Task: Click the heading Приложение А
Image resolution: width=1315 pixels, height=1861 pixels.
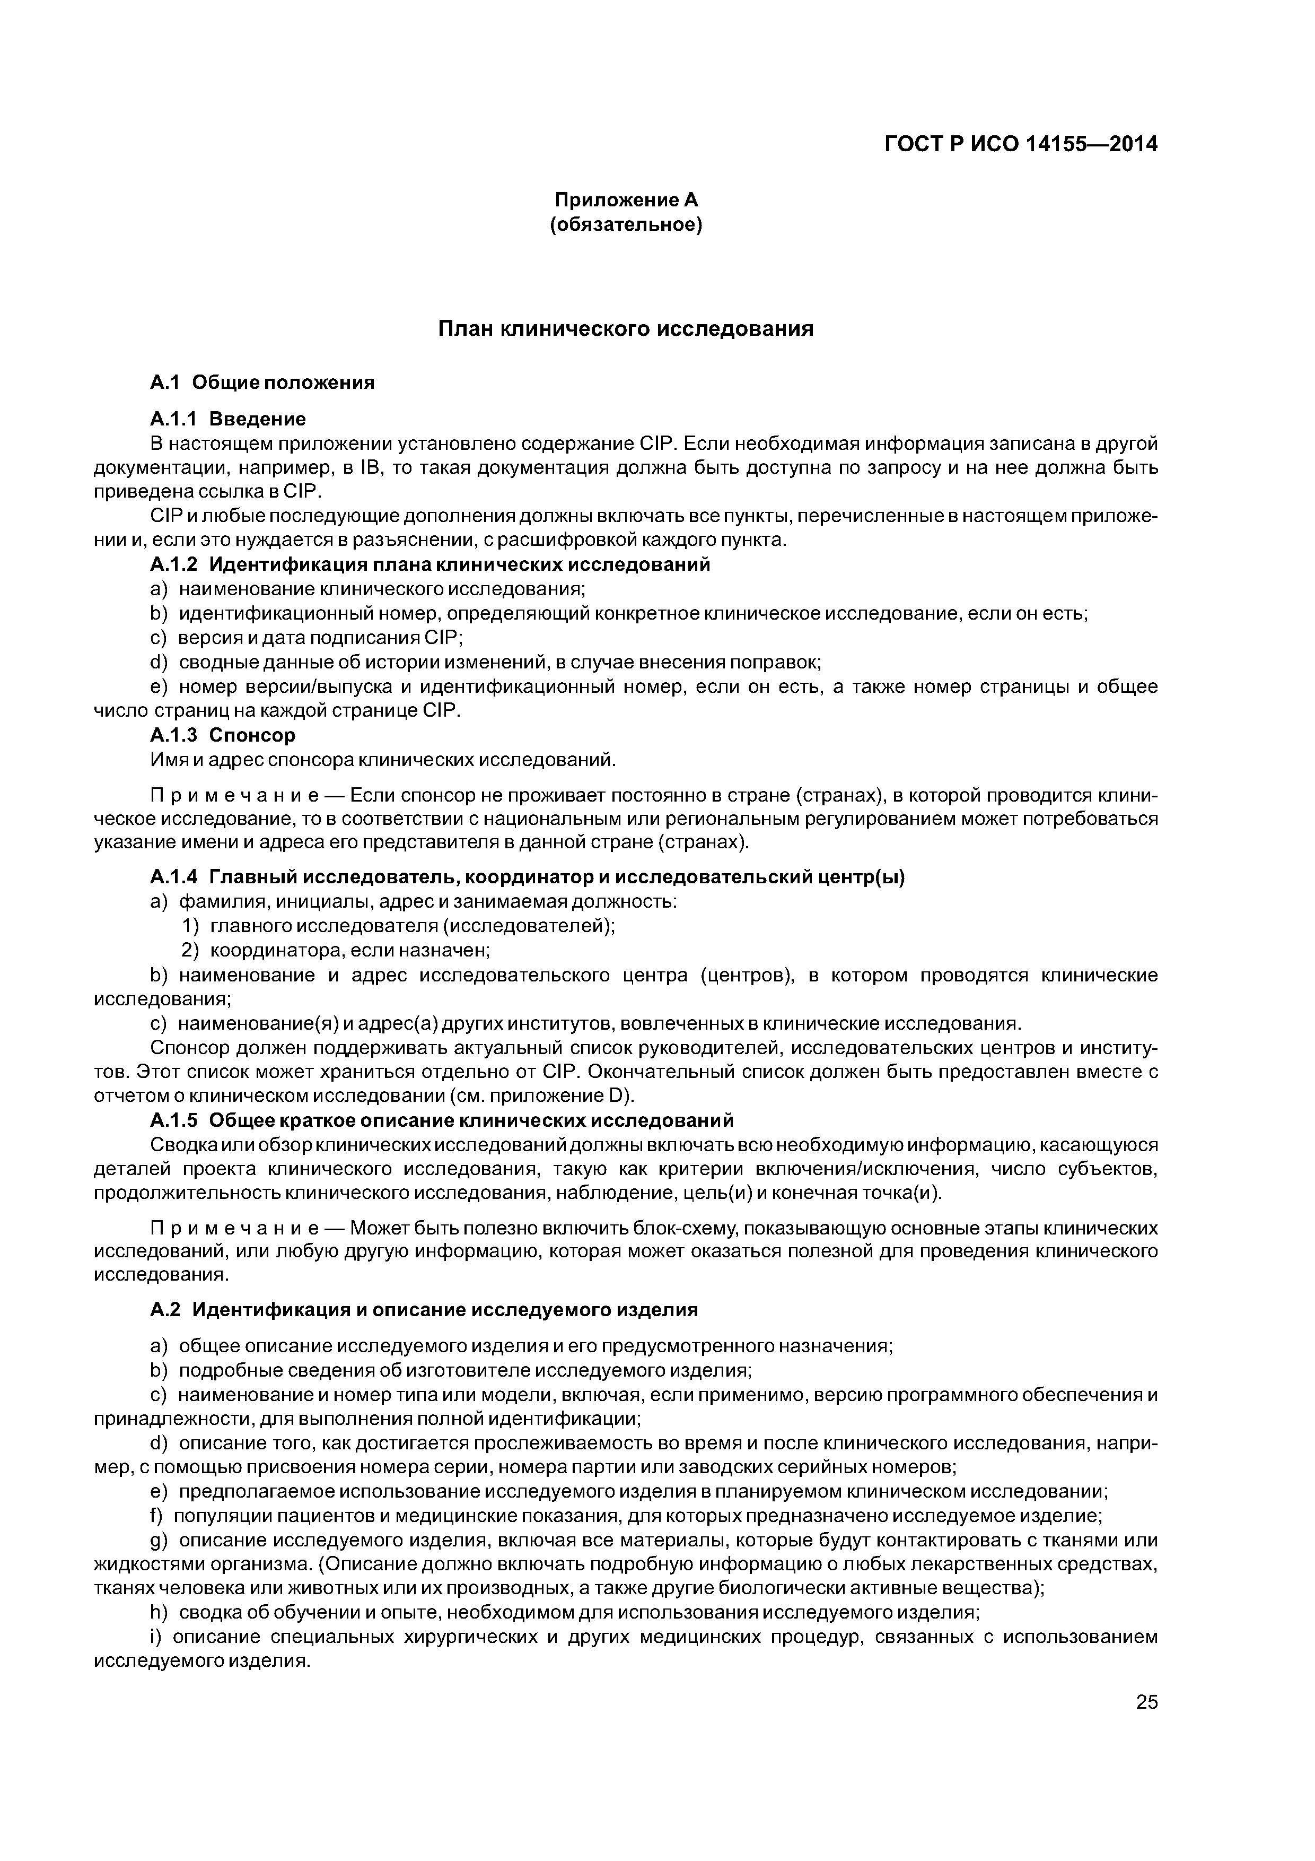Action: click(x=626, y=200)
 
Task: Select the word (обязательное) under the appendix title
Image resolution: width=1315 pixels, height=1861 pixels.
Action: click(x=626, y=224)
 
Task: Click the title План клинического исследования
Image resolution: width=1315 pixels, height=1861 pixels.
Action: click(x=626, y=329)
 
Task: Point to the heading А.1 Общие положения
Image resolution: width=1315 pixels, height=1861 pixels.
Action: click(x=262, y=382)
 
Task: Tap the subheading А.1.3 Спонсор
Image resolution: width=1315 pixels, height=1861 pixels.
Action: click(x=223, y=735)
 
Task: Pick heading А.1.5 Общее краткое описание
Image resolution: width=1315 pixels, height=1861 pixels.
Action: click(x=442, y=1120)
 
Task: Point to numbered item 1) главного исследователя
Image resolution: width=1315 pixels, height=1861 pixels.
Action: click(x=398, y=926)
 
